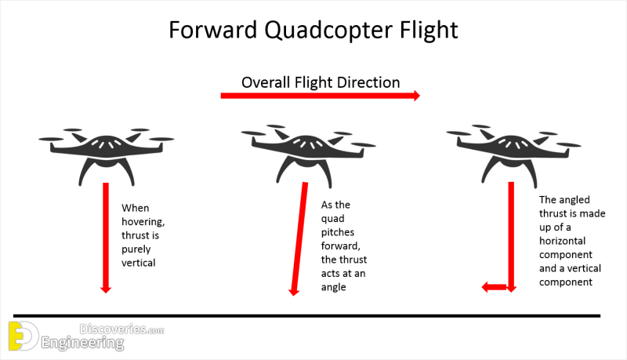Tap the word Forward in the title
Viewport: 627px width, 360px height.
212,30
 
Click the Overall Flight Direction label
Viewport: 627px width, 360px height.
321,82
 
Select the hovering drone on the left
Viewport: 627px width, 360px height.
107,155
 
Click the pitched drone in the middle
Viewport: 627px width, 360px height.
307,156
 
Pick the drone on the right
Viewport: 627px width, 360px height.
513,156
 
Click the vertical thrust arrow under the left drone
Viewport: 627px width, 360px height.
106,238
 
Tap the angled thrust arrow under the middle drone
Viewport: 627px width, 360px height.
299,238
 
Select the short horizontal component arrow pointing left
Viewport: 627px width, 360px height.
495,287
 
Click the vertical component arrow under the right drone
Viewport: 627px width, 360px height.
511,237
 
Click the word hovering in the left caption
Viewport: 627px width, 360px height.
143,222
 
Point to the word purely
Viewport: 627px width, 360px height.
136,249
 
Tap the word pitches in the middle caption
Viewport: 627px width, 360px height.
338,233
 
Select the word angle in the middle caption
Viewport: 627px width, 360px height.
334,288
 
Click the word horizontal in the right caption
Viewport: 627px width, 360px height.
562,241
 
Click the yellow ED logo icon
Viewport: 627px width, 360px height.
24,336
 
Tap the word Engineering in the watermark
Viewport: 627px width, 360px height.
83,344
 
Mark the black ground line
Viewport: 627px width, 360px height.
306,316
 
